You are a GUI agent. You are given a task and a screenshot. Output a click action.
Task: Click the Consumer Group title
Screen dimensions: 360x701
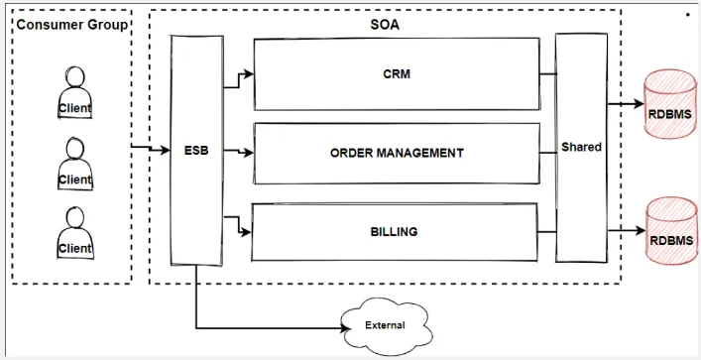[72, 24]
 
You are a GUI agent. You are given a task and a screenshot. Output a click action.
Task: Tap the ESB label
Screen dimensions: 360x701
[196, 152]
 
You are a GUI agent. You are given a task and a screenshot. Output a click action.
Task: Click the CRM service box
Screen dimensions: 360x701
[397, 74]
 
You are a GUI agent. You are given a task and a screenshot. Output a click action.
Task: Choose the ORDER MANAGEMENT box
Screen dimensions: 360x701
[397, 153]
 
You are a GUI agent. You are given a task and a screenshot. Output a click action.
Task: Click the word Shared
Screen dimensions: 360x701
[581, 147]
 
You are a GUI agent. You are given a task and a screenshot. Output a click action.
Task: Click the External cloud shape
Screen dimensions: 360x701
[384, 324]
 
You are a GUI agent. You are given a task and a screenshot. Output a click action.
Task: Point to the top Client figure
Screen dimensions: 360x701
[74, 92]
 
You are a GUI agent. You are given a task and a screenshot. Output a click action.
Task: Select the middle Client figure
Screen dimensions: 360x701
[74, 164]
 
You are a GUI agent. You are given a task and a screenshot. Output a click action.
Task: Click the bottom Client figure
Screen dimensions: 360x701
[74, 233]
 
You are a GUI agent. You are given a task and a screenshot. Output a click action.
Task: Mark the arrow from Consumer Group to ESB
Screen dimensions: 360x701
[151, 150]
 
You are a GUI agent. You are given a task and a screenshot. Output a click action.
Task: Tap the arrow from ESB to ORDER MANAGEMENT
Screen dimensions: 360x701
[238, 152]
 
